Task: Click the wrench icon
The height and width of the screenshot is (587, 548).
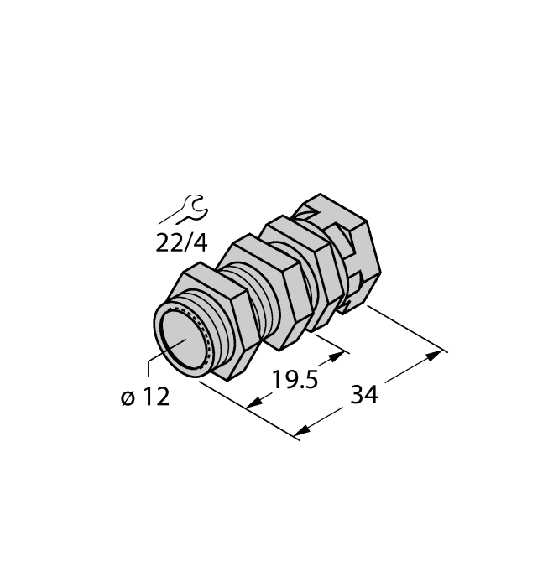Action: coord(180,210)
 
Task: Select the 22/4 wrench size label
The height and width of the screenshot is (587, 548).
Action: coord(181,242)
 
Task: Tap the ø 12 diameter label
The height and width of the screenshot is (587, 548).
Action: coord(144,397)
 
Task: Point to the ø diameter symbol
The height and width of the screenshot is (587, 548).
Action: coord(127,397)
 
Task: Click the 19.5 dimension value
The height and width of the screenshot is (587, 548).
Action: coord(295,380)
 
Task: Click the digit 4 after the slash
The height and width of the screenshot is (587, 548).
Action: coord(200,242)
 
